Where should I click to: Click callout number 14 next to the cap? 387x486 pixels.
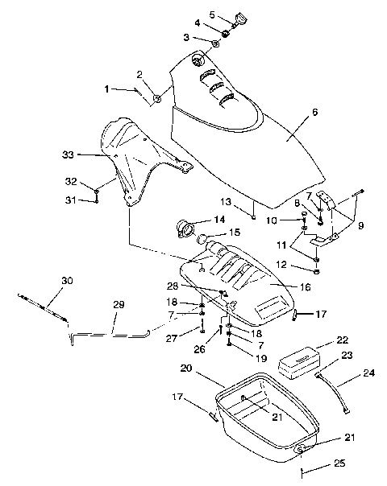pyautogui.click(x=218, y=219)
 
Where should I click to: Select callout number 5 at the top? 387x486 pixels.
pyautogui.click(x=213, y=14)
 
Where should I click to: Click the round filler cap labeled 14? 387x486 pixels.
pyautogui.click(x=185, y=229)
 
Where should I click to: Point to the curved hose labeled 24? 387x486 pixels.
pyautogui.click(x=337, y=393)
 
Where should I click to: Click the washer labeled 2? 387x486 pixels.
pyautogui.click(x=156, y=99)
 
